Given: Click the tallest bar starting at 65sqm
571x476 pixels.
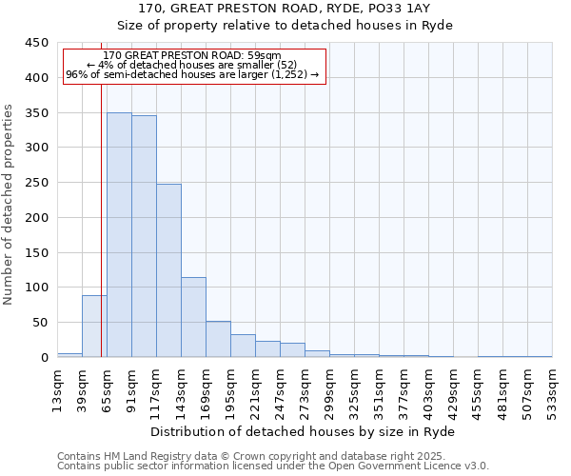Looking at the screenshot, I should coord(119,235).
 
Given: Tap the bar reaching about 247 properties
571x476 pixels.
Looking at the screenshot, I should coord(168,270).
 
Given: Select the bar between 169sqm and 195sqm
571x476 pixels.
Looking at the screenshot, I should coord(218,339).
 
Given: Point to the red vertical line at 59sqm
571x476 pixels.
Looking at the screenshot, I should coord(101,219).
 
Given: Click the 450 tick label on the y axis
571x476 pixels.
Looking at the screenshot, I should coord(36,43).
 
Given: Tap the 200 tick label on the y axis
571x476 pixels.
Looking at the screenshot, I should coord(36,217).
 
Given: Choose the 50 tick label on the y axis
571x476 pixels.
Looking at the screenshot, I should coord(40,323).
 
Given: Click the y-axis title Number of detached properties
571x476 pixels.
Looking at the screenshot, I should coord(10,205).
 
